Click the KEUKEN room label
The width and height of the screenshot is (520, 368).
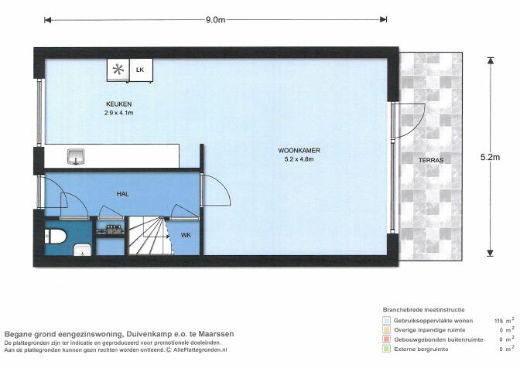(119, 104)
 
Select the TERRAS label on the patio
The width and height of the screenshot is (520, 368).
(431, 160)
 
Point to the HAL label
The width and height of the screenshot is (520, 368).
(122, 195)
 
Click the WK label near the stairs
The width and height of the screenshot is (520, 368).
(186, 234)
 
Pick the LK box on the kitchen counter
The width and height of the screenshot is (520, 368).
(140, 70)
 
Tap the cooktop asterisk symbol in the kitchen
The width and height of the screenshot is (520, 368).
(118, 70)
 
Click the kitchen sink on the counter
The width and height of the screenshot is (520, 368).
(76, 157)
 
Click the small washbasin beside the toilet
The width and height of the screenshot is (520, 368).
(81, 249)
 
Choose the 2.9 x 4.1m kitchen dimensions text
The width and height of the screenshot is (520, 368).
(119, 113)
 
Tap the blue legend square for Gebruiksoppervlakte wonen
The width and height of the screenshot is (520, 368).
(386, 319)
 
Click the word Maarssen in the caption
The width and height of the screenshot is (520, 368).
(216, 334)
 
